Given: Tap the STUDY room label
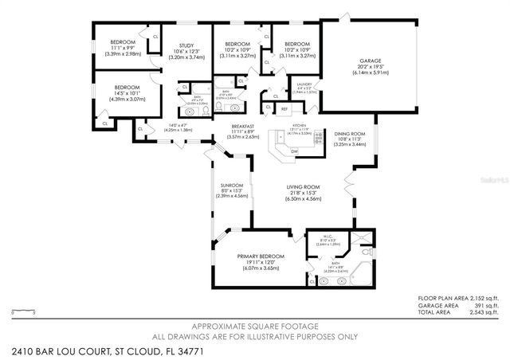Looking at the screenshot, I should (x=186, y=45).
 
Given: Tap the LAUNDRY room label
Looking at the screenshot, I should (x=304, y=84).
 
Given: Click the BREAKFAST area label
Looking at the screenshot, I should (x=243, y=126).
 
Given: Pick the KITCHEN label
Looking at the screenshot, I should (x=299, y=126).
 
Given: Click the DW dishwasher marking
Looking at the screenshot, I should (x=294, y=151).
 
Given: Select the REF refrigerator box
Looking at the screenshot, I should (x=284, y=108).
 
